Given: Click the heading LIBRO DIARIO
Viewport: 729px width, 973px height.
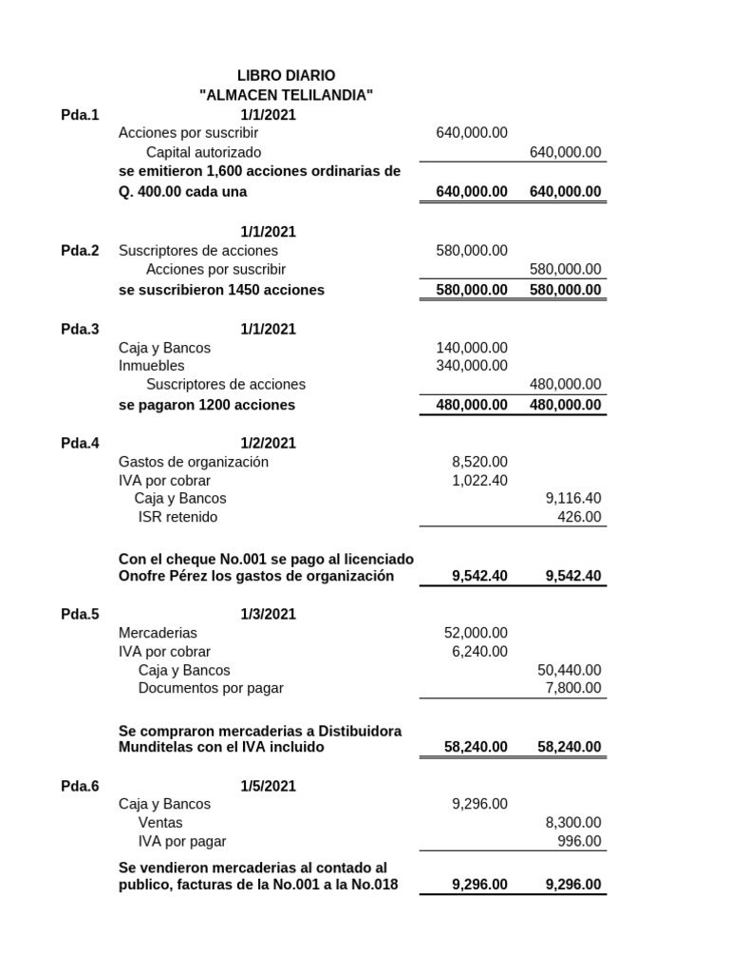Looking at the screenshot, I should pyautogui.click(x=286, y=75).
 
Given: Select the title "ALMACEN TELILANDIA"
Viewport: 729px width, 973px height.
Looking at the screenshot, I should pyautogui.click(x=286, y=95).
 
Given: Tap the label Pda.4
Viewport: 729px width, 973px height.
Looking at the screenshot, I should pyautogui.click(x=80, y=443).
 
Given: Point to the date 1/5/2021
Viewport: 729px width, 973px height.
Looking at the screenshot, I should pyautogui.click(x=268, y=786).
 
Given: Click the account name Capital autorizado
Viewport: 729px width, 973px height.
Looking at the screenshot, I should pyautogui.click(x=203, y=152).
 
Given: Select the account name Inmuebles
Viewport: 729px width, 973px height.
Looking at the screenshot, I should pyautogui.click(x=152, y=366).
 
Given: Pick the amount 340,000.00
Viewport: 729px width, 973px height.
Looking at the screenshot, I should pyautogui.click(x=472, y=366).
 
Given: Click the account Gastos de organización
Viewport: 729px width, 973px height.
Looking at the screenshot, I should pyautogui.click(x=194, y=462).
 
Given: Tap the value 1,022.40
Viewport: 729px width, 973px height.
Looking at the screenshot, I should pyautogui.click(x=479, y=480).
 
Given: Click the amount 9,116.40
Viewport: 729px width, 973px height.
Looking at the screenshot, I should pyautogui.click(x=573, y=498).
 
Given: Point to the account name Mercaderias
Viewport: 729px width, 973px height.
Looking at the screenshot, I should pyautogui.click(x=158, y=633).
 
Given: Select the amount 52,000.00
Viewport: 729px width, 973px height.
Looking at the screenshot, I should pyautogui.click(x=476, y=633).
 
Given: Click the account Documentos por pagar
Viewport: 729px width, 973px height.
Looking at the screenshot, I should pyautogui.click(x=211, y=688).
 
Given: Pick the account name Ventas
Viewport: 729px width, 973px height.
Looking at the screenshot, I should pyautogui.click(x=160, y=823).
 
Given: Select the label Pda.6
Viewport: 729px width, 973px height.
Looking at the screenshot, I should pyautogui.click(x=80, y=786).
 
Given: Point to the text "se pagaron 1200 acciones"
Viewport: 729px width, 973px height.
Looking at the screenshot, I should pyautogui.click(x=207, y=405).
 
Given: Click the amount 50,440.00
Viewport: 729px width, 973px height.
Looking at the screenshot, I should pyautogui.click(x=569, y=670).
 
